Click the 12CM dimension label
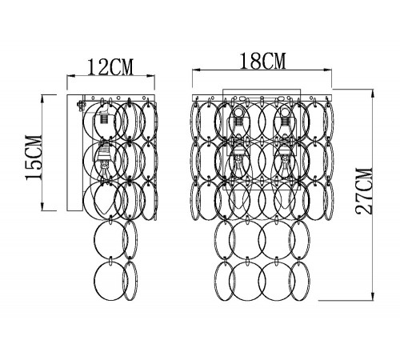coord(110,67)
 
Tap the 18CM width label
coord(263,61)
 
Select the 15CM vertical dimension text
coord(34,158)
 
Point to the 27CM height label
coord(363,191)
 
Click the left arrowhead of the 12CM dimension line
coord(70,76)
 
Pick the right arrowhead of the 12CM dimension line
coord(151,76)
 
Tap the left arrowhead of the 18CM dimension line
coord(196,70)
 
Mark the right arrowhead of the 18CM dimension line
coord(327,70)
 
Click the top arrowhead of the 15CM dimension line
coord(42,98)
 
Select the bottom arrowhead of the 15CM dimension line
coord(42,206)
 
